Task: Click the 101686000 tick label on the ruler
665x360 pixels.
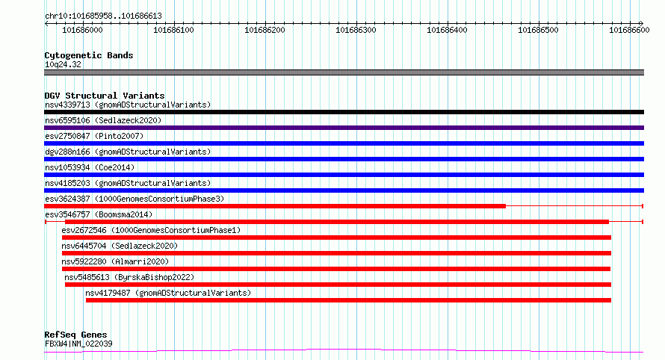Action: pos(83,31)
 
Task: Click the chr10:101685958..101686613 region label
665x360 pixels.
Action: pos(103,16)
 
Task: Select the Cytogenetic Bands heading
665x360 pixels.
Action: pos(89,55)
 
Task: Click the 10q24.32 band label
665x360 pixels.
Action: pos(64,64)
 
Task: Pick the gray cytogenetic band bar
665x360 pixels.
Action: pos(344,72)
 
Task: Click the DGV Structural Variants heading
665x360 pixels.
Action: pos(104,96)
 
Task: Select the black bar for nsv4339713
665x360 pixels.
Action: pos(344,112)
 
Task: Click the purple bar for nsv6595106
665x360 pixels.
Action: pos(344,128)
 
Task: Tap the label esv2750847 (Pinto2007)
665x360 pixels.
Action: pos(94,136)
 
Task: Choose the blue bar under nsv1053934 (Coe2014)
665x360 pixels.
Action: pos(344,175)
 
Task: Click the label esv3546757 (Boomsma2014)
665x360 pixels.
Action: pos(99,214)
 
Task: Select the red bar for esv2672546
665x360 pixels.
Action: pos(336,238)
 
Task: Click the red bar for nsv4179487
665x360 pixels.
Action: pos(348,300)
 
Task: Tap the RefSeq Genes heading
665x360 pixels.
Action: pos(75,335)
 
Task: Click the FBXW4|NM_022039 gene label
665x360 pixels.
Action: pos(78,344)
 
